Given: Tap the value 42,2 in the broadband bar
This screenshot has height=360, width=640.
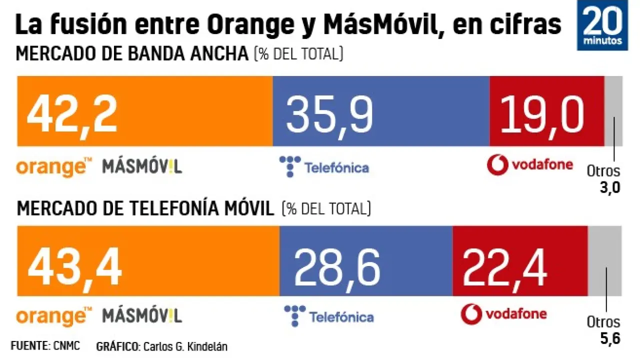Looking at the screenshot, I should [x=72, y=113].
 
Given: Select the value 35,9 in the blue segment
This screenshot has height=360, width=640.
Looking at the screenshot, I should [x=329, y=114].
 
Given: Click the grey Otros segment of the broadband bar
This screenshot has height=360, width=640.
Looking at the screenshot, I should [x=613, y=110].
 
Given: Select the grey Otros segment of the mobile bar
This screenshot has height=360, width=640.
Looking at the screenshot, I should [x=605, y=260].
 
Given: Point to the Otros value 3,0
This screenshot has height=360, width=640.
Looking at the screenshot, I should [x=610, y=187].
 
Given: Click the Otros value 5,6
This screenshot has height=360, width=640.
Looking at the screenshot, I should [x=610, y=338].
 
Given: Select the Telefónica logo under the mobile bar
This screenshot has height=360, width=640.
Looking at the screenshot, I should [x=328, y=316].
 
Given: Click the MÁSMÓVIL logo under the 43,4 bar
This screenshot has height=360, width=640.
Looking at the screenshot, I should [x=142, y=315].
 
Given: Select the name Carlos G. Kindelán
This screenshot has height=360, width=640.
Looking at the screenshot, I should [x=185, y=346].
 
